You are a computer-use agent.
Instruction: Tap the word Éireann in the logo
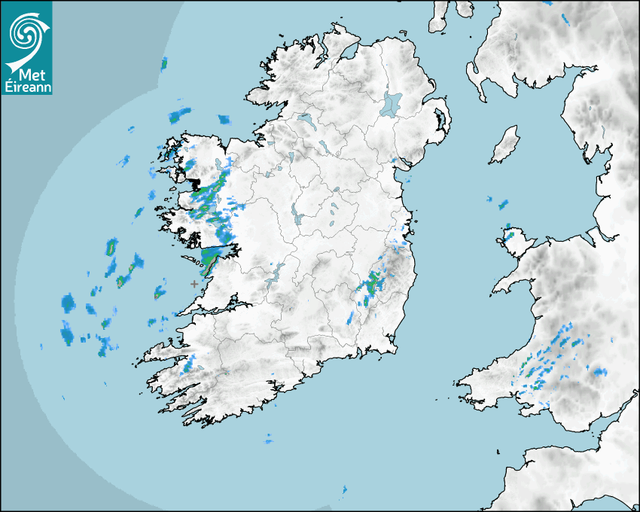click(x=27, y=88)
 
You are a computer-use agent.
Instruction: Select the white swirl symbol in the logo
click(x=26, y=34)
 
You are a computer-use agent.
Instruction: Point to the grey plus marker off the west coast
click(x=194, y=284)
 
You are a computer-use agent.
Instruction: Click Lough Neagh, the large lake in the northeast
click(x=392, y=103)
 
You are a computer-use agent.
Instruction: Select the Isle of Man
click(x=505, y=145)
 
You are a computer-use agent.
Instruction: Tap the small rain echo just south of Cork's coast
click(x=268, y=439)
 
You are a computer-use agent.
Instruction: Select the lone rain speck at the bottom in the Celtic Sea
click(x=344, y=489)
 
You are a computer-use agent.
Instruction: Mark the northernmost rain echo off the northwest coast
click(x=164, y=63)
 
